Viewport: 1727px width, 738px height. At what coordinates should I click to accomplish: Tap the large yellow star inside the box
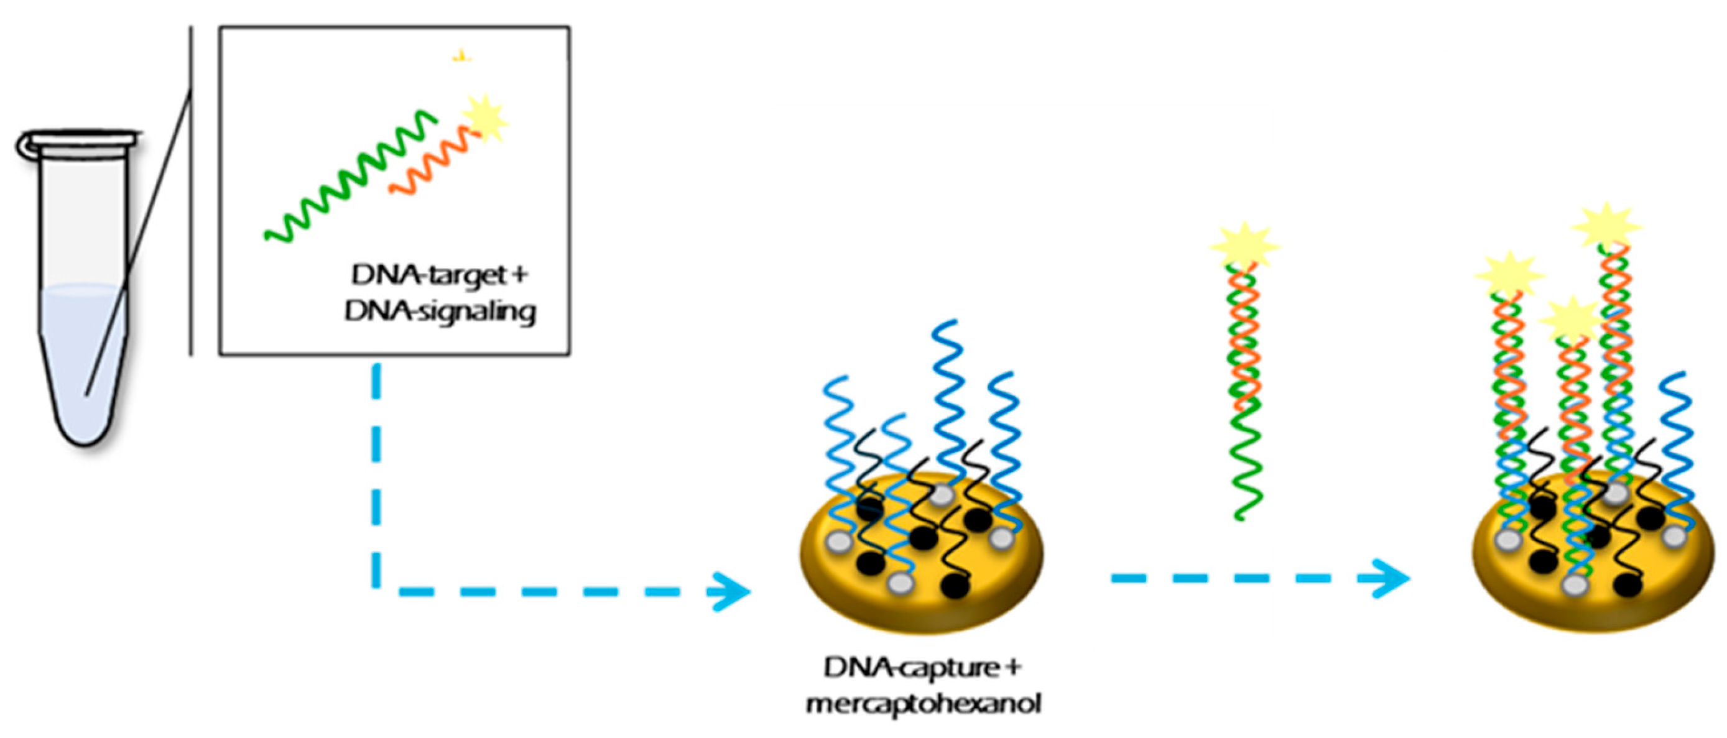tap(486, 119)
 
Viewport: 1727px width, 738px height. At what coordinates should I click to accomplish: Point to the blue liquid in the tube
tap(84, 349)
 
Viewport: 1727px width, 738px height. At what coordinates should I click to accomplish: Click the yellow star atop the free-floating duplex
tap(1244, 246)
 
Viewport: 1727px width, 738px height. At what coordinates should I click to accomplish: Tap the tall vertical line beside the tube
tap(191, 191)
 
